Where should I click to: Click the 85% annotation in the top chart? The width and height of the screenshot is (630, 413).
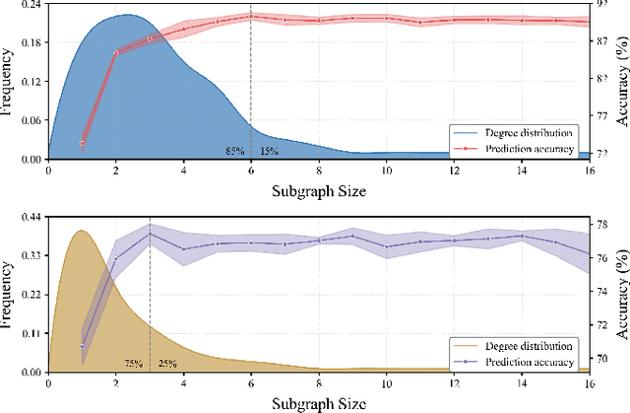coord(234,151)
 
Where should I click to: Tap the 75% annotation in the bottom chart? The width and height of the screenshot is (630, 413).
coord(134,364)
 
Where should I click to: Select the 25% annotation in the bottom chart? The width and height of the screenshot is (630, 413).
coord(166,364)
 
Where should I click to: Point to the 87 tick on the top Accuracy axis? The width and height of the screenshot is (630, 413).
coord(601,40)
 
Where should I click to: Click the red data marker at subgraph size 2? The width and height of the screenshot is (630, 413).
coord(116,52)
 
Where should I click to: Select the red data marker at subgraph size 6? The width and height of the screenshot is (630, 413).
coord(251,16)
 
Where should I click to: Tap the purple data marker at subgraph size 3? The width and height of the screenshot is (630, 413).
coord(150,234)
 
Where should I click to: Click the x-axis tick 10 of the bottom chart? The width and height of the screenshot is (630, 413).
coord(386,383)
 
